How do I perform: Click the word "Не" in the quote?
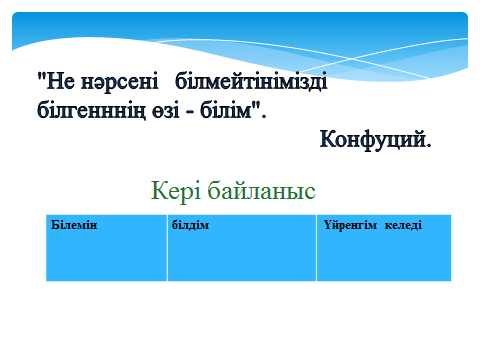[x=60, y=81]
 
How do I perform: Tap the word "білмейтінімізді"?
[x=251, y=81]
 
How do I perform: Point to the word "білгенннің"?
[x=91, y=110]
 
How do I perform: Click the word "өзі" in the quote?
[x=166, y=111]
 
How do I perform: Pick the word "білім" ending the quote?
[x=226, y=109]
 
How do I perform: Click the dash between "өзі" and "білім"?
[x=190, y=111]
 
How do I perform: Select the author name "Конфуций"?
[x=373, y=139]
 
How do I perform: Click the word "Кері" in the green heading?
[x=176, y=191]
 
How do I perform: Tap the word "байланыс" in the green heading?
[x=261, y=191]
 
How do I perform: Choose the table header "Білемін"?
[x=74, y=225]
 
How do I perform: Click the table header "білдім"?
[x=190, y=225]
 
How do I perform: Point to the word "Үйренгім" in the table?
[x=350, y=225]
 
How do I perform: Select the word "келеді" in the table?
[x=403, y=225]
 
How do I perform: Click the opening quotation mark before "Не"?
[x=41, y=77]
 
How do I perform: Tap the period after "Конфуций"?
[x=429, y=145]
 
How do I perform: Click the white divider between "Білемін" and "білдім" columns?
[x=167, y=248]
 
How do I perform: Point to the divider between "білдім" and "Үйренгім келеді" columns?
[x=316, y=248]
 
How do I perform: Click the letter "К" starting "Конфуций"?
[x=328, y=139]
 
